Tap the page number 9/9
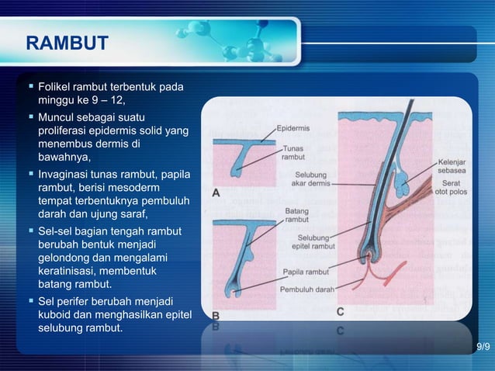483,346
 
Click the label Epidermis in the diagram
293,128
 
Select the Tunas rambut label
292,152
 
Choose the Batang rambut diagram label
297,215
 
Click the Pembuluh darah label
307,290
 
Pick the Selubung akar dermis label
311,179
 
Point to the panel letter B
217,316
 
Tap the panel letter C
341,311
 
